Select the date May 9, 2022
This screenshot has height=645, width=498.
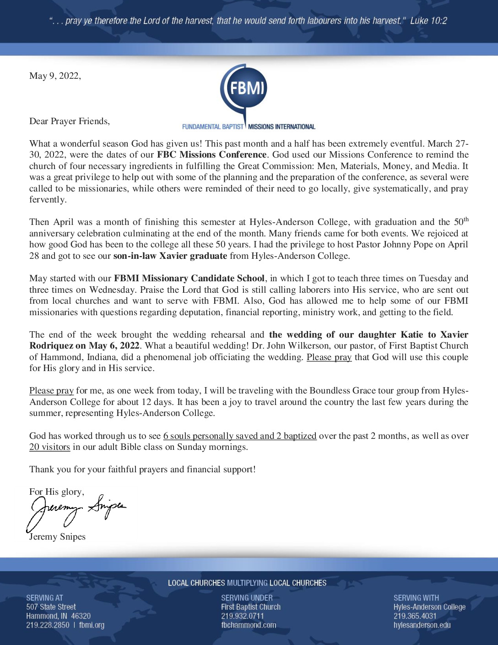(x=55, y=76)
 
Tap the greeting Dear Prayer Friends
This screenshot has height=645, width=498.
(x=70, y=121)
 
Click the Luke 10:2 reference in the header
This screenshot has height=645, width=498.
(x=428, y=21)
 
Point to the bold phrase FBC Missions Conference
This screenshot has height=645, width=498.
(x=211, y=155)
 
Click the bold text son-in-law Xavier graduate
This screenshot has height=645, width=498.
(x=170, y=256)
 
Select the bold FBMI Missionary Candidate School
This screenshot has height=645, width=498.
(x=189, y=279)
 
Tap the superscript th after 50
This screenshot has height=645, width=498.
(x=466, y=219)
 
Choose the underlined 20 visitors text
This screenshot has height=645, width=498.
(x=49, y=447)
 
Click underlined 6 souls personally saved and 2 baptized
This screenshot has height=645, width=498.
(x=239, y=436)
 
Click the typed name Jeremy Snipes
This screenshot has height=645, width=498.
(x=57, y=537)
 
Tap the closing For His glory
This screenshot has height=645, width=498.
(x=56, y=492)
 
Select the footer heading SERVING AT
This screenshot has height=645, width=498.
(x=44, y=598)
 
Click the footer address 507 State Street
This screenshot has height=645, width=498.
(x=51, y=607)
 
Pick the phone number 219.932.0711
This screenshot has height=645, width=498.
(x=242, y=616)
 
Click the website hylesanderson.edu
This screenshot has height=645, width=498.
(x=422, y=625)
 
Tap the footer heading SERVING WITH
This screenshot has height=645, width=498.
(x=416, y=598)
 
